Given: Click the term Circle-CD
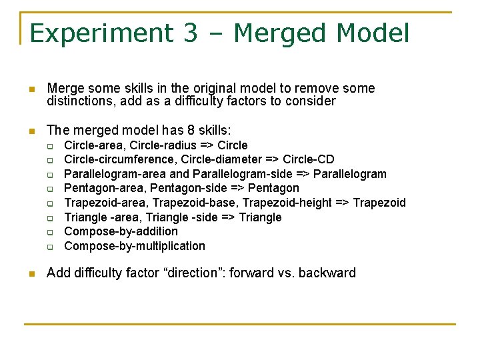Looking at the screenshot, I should click(309, 159).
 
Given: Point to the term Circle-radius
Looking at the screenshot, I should click(163, 145).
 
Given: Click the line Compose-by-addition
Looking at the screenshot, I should click(121, 231).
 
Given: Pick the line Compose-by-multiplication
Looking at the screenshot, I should click(135, 246).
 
